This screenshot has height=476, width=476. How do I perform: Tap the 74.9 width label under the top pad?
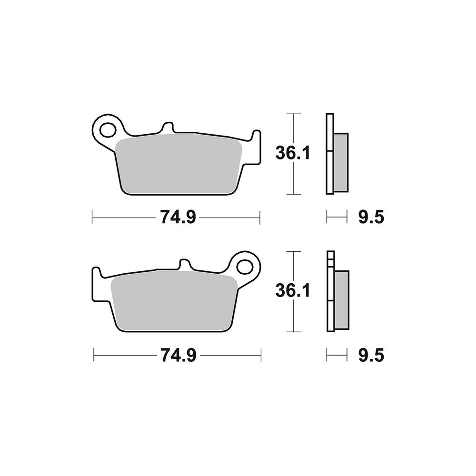coord(178,218)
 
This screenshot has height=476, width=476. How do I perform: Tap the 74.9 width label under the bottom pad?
coord(178,355)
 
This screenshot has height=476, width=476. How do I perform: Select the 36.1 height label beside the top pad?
coord(293,153)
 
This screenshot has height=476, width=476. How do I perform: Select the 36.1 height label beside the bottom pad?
coord(293,290)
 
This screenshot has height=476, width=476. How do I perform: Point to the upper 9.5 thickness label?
coord(371,218)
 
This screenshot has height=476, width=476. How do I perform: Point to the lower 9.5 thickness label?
coord(371,355)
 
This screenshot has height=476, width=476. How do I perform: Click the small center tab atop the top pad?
coord(167,129)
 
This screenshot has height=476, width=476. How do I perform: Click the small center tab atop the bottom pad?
coord(185,265)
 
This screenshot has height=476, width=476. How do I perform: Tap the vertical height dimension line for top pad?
coord(294,181)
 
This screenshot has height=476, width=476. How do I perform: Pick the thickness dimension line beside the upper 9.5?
coord(337,218)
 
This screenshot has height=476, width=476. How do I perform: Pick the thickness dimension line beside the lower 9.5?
coord(337,355)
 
